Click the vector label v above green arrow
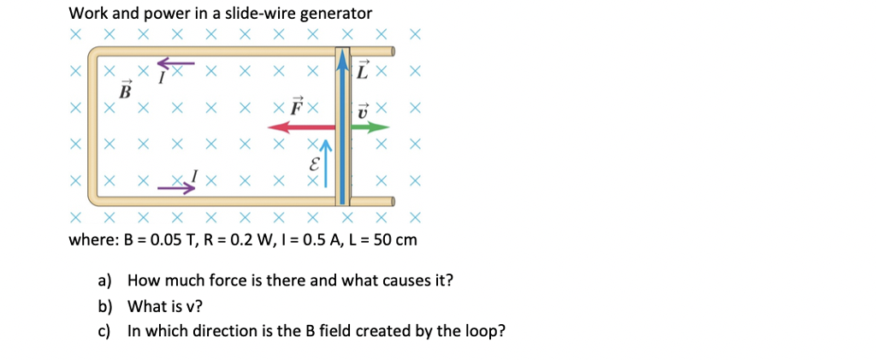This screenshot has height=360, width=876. (362, 109)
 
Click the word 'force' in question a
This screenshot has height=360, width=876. (225, 280)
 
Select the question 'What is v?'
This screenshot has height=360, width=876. (163, 305)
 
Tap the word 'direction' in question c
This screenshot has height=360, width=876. (224, 331)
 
